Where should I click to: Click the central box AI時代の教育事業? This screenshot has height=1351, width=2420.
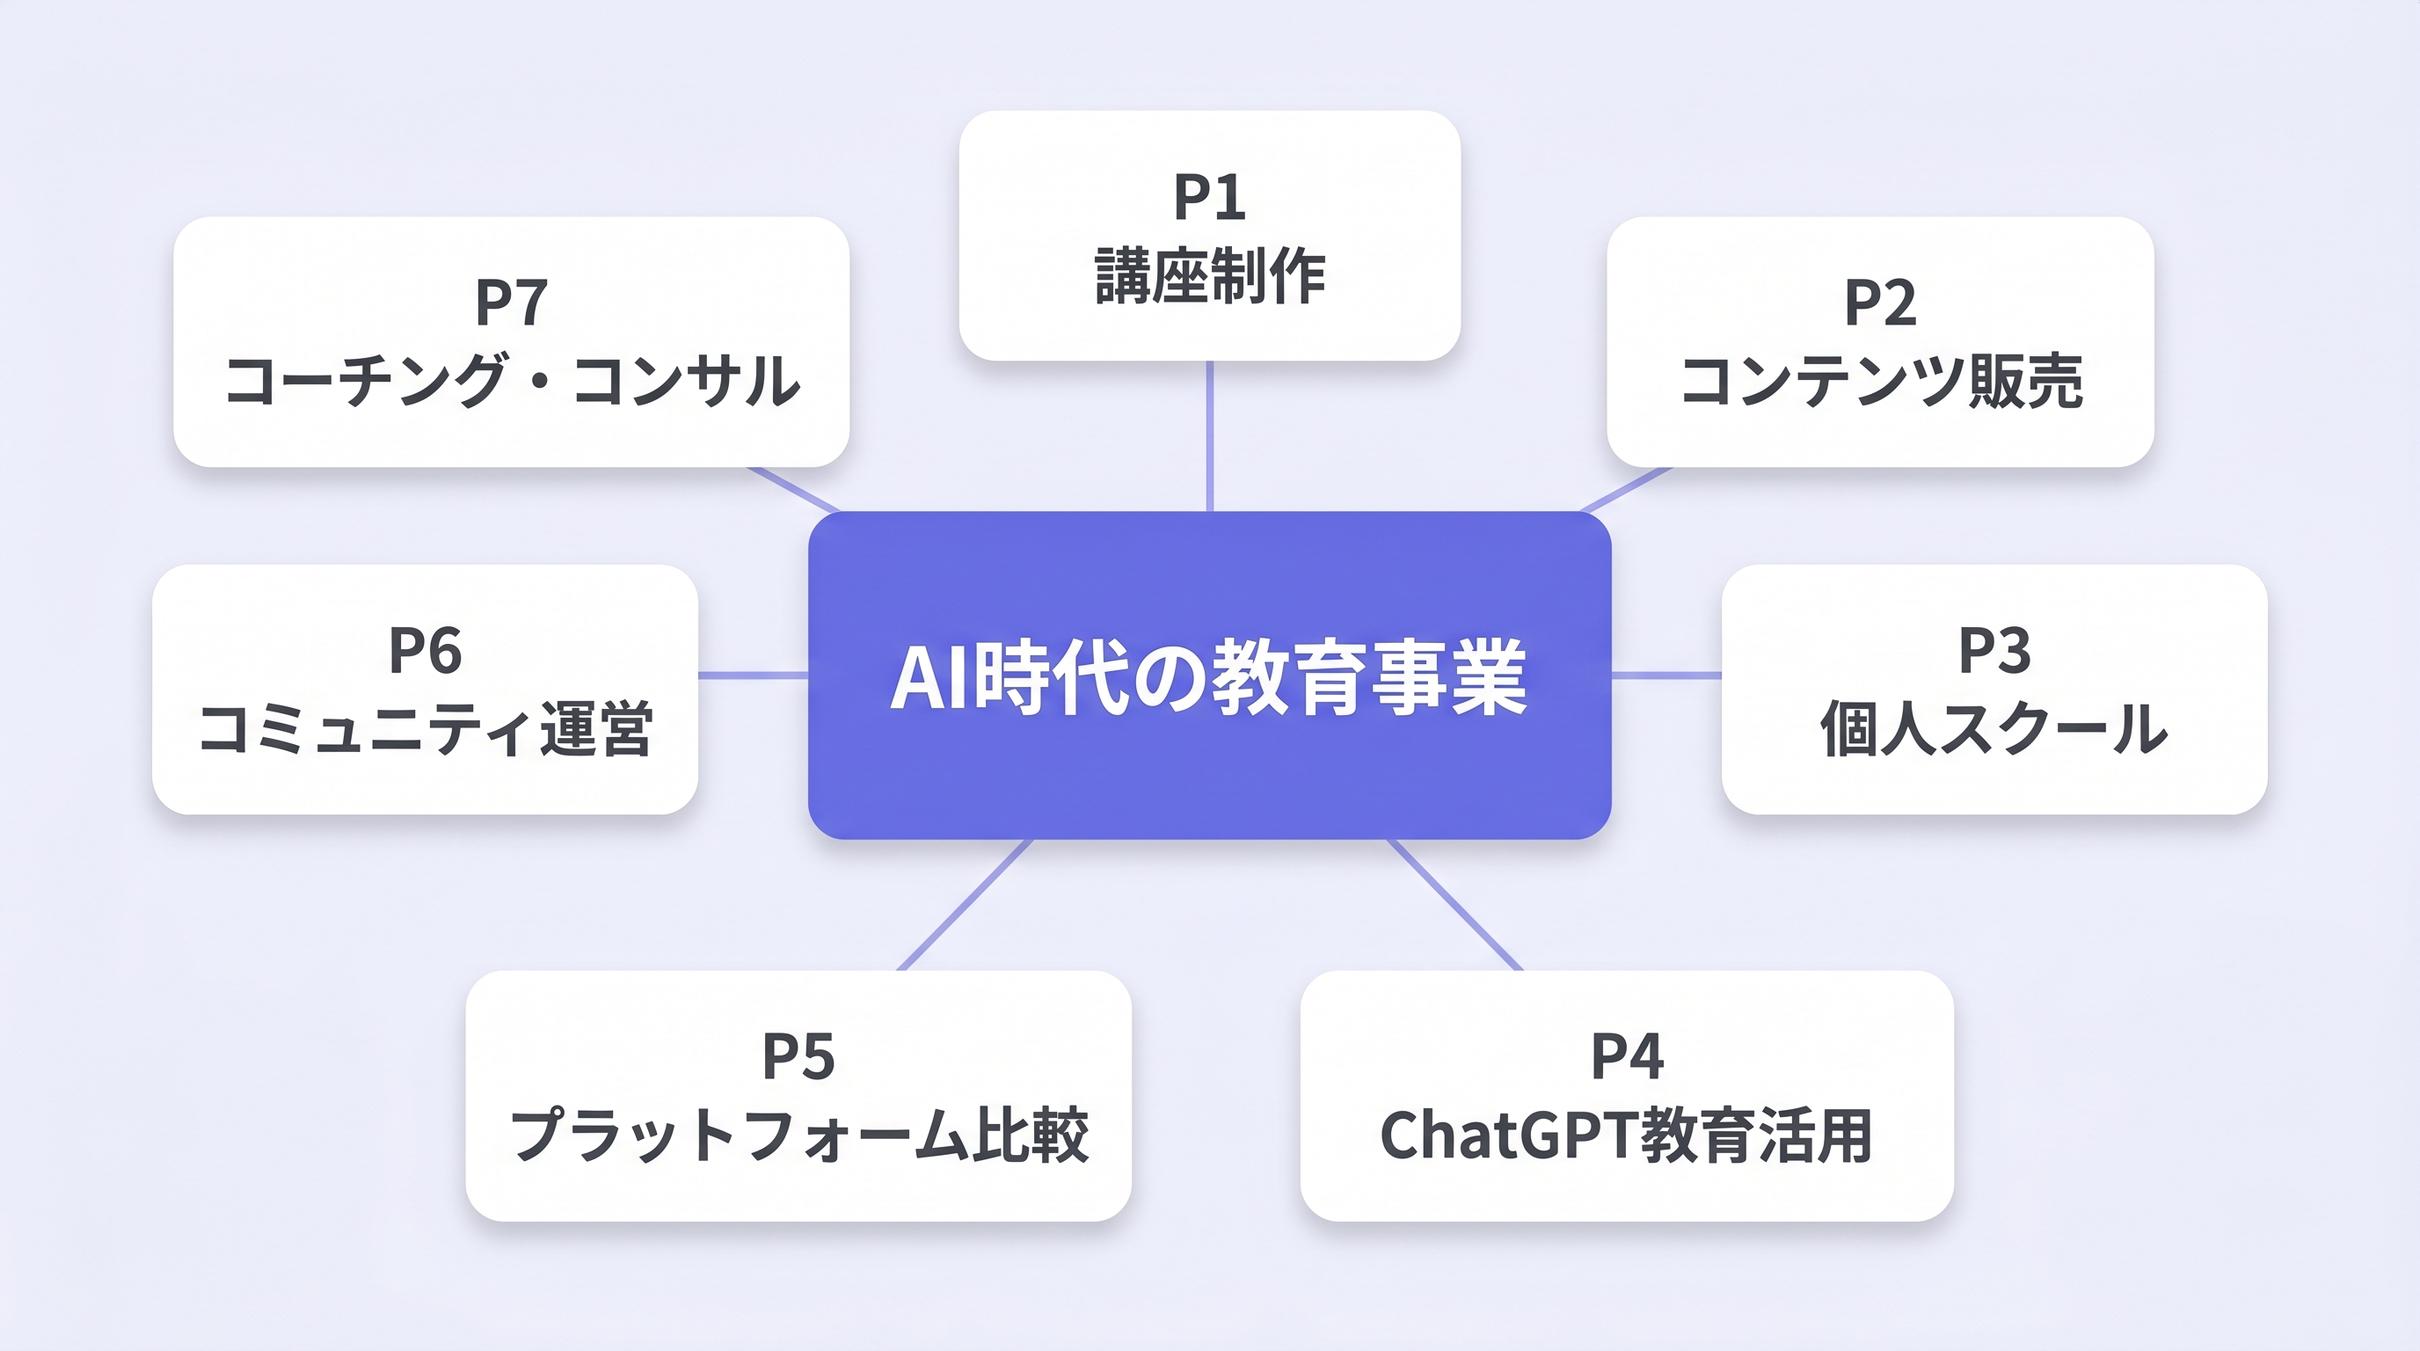pos(1209,675)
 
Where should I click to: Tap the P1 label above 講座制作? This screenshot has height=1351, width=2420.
pos(1209,197)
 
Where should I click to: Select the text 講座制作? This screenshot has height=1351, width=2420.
pos(1209,277)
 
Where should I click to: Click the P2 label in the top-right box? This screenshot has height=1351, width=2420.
pos(1880,303)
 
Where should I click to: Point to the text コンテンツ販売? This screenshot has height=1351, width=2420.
pos(1880,382)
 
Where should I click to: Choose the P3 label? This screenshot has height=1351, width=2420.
pos(1994,650)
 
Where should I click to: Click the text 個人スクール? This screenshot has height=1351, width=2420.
pos(1994,729)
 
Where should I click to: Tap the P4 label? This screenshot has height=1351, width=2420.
pos(1626,1056)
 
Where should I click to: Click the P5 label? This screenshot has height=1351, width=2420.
pos(798,1056)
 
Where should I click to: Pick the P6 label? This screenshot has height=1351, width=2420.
pos(425,650)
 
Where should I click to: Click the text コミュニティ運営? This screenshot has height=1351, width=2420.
pos(425,729)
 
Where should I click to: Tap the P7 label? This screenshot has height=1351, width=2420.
pos(511,303)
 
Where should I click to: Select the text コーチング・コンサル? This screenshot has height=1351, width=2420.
pos(511,382)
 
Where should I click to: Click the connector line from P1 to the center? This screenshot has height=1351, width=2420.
pos(1209,436)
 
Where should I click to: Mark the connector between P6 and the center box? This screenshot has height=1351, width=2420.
pos(753,675)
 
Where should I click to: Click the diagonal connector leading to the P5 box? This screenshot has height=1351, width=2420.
pos(965,905)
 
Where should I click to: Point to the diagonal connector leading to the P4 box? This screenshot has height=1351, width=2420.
pos(1454,905)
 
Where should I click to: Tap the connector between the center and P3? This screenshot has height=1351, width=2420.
pos(1666,675)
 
